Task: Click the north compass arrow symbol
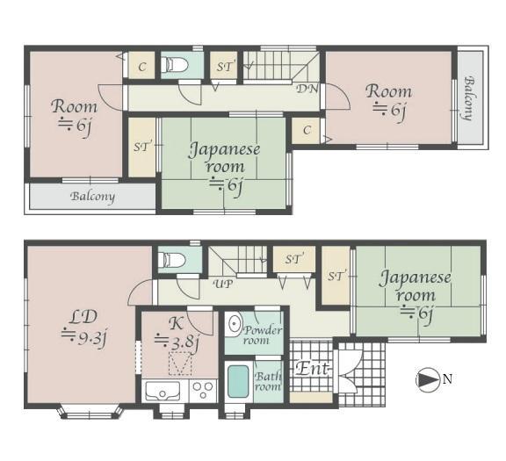pos(428,379)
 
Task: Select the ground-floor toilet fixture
pos(174,260)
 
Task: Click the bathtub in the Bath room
pos(238,382)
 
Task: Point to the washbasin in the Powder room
pos(235,323)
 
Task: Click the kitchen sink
pos(163,391)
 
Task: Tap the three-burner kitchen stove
pos(203,390)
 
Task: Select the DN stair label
pos(307,88)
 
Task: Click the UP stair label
pos(224,285)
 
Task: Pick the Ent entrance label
pos(313,368)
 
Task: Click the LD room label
pos(83,317)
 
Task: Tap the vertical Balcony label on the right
pos(470,98)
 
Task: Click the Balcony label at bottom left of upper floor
pos(92,196)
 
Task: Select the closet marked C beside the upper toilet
pos(142,67)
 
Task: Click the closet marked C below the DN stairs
pos(307,130)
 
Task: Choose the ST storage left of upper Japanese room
pos(142,148)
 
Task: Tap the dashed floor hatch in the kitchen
pos(180,364)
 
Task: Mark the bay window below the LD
pos(90,412)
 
